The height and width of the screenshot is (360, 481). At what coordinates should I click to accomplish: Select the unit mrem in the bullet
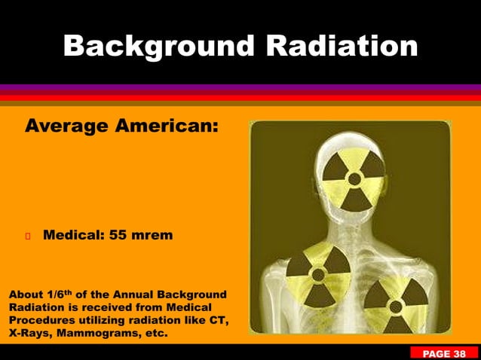pos(154,236)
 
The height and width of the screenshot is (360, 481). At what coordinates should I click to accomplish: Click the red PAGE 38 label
pos(444,353)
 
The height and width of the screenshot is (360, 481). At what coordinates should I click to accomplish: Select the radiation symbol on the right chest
pos(395,301)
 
